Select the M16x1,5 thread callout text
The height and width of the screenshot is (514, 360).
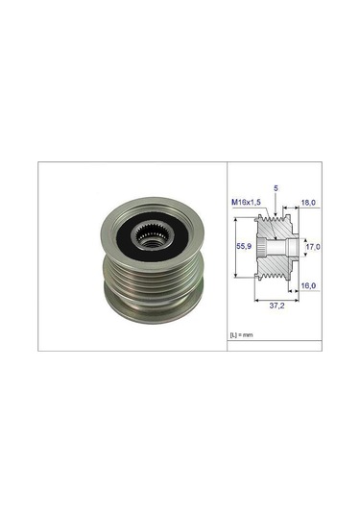click(246, 203)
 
